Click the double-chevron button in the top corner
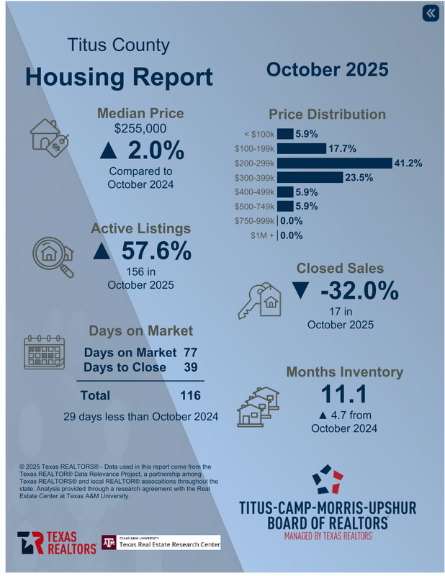click(430, 14)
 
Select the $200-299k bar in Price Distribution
click(334, 163)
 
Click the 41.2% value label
click(408, 163)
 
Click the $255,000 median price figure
click(140, 129)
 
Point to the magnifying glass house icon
click(53, 256)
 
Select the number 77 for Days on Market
click(190, 353)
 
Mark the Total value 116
click(190, 395)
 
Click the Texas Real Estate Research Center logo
click(160, 542)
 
